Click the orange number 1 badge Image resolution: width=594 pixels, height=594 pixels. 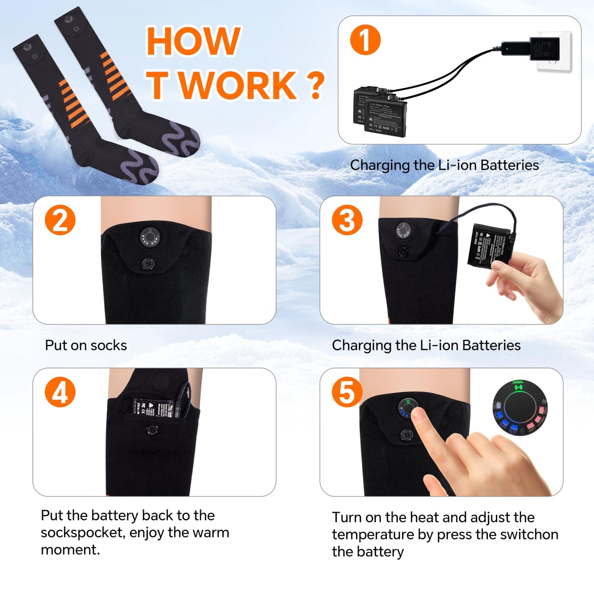(365, 39)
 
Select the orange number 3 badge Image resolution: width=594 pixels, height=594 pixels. (347, 220)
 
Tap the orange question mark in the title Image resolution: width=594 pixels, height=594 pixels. (315, 85)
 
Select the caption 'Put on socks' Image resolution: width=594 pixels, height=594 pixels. (86, 345)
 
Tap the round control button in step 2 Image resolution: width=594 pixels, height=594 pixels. (150, 237)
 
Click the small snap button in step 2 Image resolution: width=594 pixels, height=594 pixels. (148, 263)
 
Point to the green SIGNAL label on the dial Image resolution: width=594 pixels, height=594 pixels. (518, 383)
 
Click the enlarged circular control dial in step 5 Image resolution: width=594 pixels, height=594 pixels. (520, 408)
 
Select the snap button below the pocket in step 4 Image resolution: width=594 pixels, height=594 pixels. (153, 430)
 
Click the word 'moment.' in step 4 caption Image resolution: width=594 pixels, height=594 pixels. (70, 550)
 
